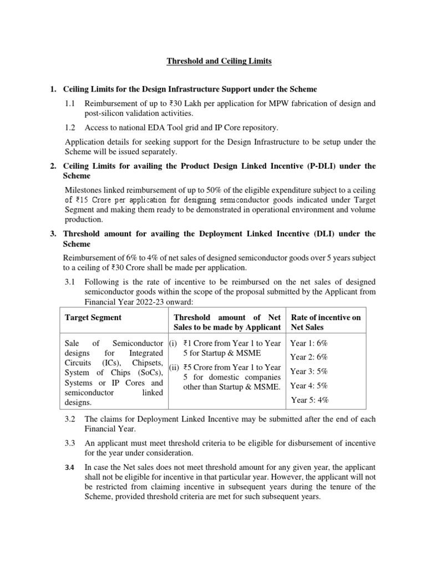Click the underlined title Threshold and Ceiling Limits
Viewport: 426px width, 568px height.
click(219, 61)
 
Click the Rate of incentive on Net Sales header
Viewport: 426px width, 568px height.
click(326, 322)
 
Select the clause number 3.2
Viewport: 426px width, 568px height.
click(70, 419)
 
